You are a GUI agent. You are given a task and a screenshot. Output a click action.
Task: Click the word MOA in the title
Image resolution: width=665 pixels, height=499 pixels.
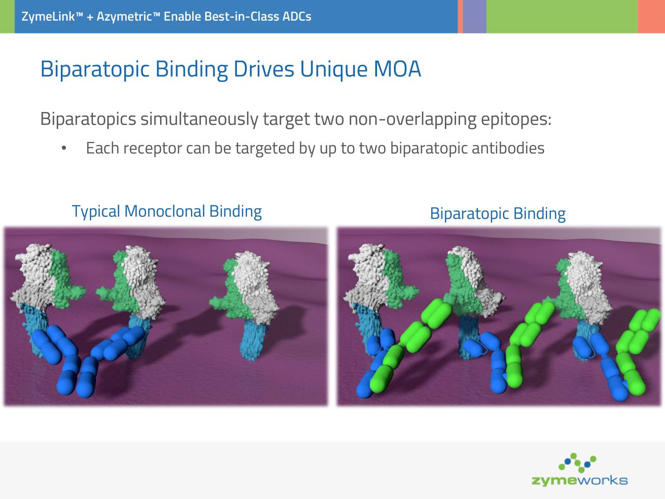[x=397, y=69]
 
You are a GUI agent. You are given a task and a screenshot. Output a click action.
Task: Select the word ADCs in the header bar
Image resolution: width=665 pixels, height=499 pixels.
[x=297, y=17]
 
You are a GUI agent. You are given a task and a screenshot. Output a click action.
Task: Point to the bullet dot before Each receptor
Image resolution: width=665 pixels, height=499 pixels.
[x=63, y=149]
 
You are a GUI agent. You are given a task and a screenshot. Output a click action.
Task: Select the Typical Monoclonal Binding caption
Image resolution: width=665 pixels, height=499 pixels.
[x=166, y=212]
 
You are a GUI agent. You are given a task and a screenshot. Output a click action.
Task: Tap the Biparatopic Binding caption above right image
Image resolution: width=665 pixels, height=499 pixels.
[x=497, y=214]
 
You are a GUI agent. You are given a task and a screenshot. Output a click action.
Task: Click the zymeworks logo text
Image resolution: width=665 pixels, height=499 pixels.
[x=579, y=480]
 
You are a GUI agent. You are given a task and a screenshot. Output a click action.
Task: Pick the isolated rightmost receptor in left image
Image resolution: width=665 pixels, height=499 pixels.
[x=250, y=301]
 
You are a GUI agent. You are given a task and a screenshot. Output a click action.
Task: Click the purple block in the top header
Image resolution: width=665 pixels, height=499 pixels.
[x=474, y=17]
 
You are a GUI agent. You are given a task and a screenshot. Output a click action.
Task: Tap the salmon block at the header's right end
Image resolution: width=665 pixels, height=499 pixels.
[x=651, y=17]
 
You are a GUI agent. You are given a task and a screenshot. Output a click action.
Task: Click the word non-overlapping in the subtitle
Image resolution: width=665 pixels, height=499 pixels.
[x=412, y=119]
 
